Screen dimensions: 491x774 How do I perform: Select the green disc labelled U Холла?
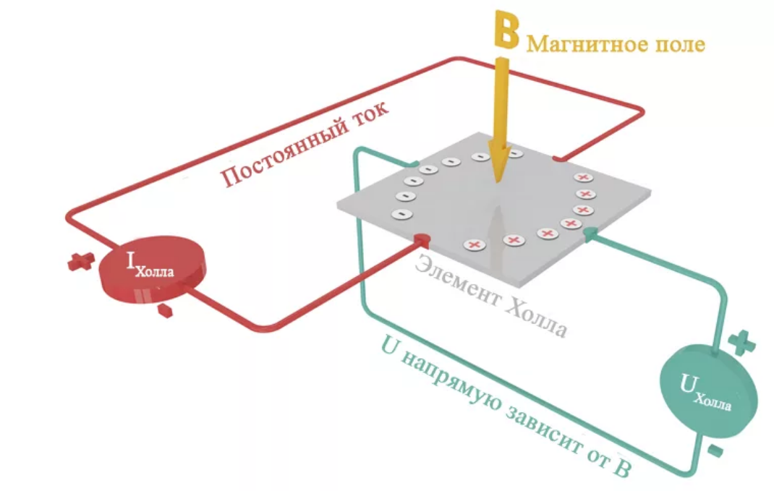710,390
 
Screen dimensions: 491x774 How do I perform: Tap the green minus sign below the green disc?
714,453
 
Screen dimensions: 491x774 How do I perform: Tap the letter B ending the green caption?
622,469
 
